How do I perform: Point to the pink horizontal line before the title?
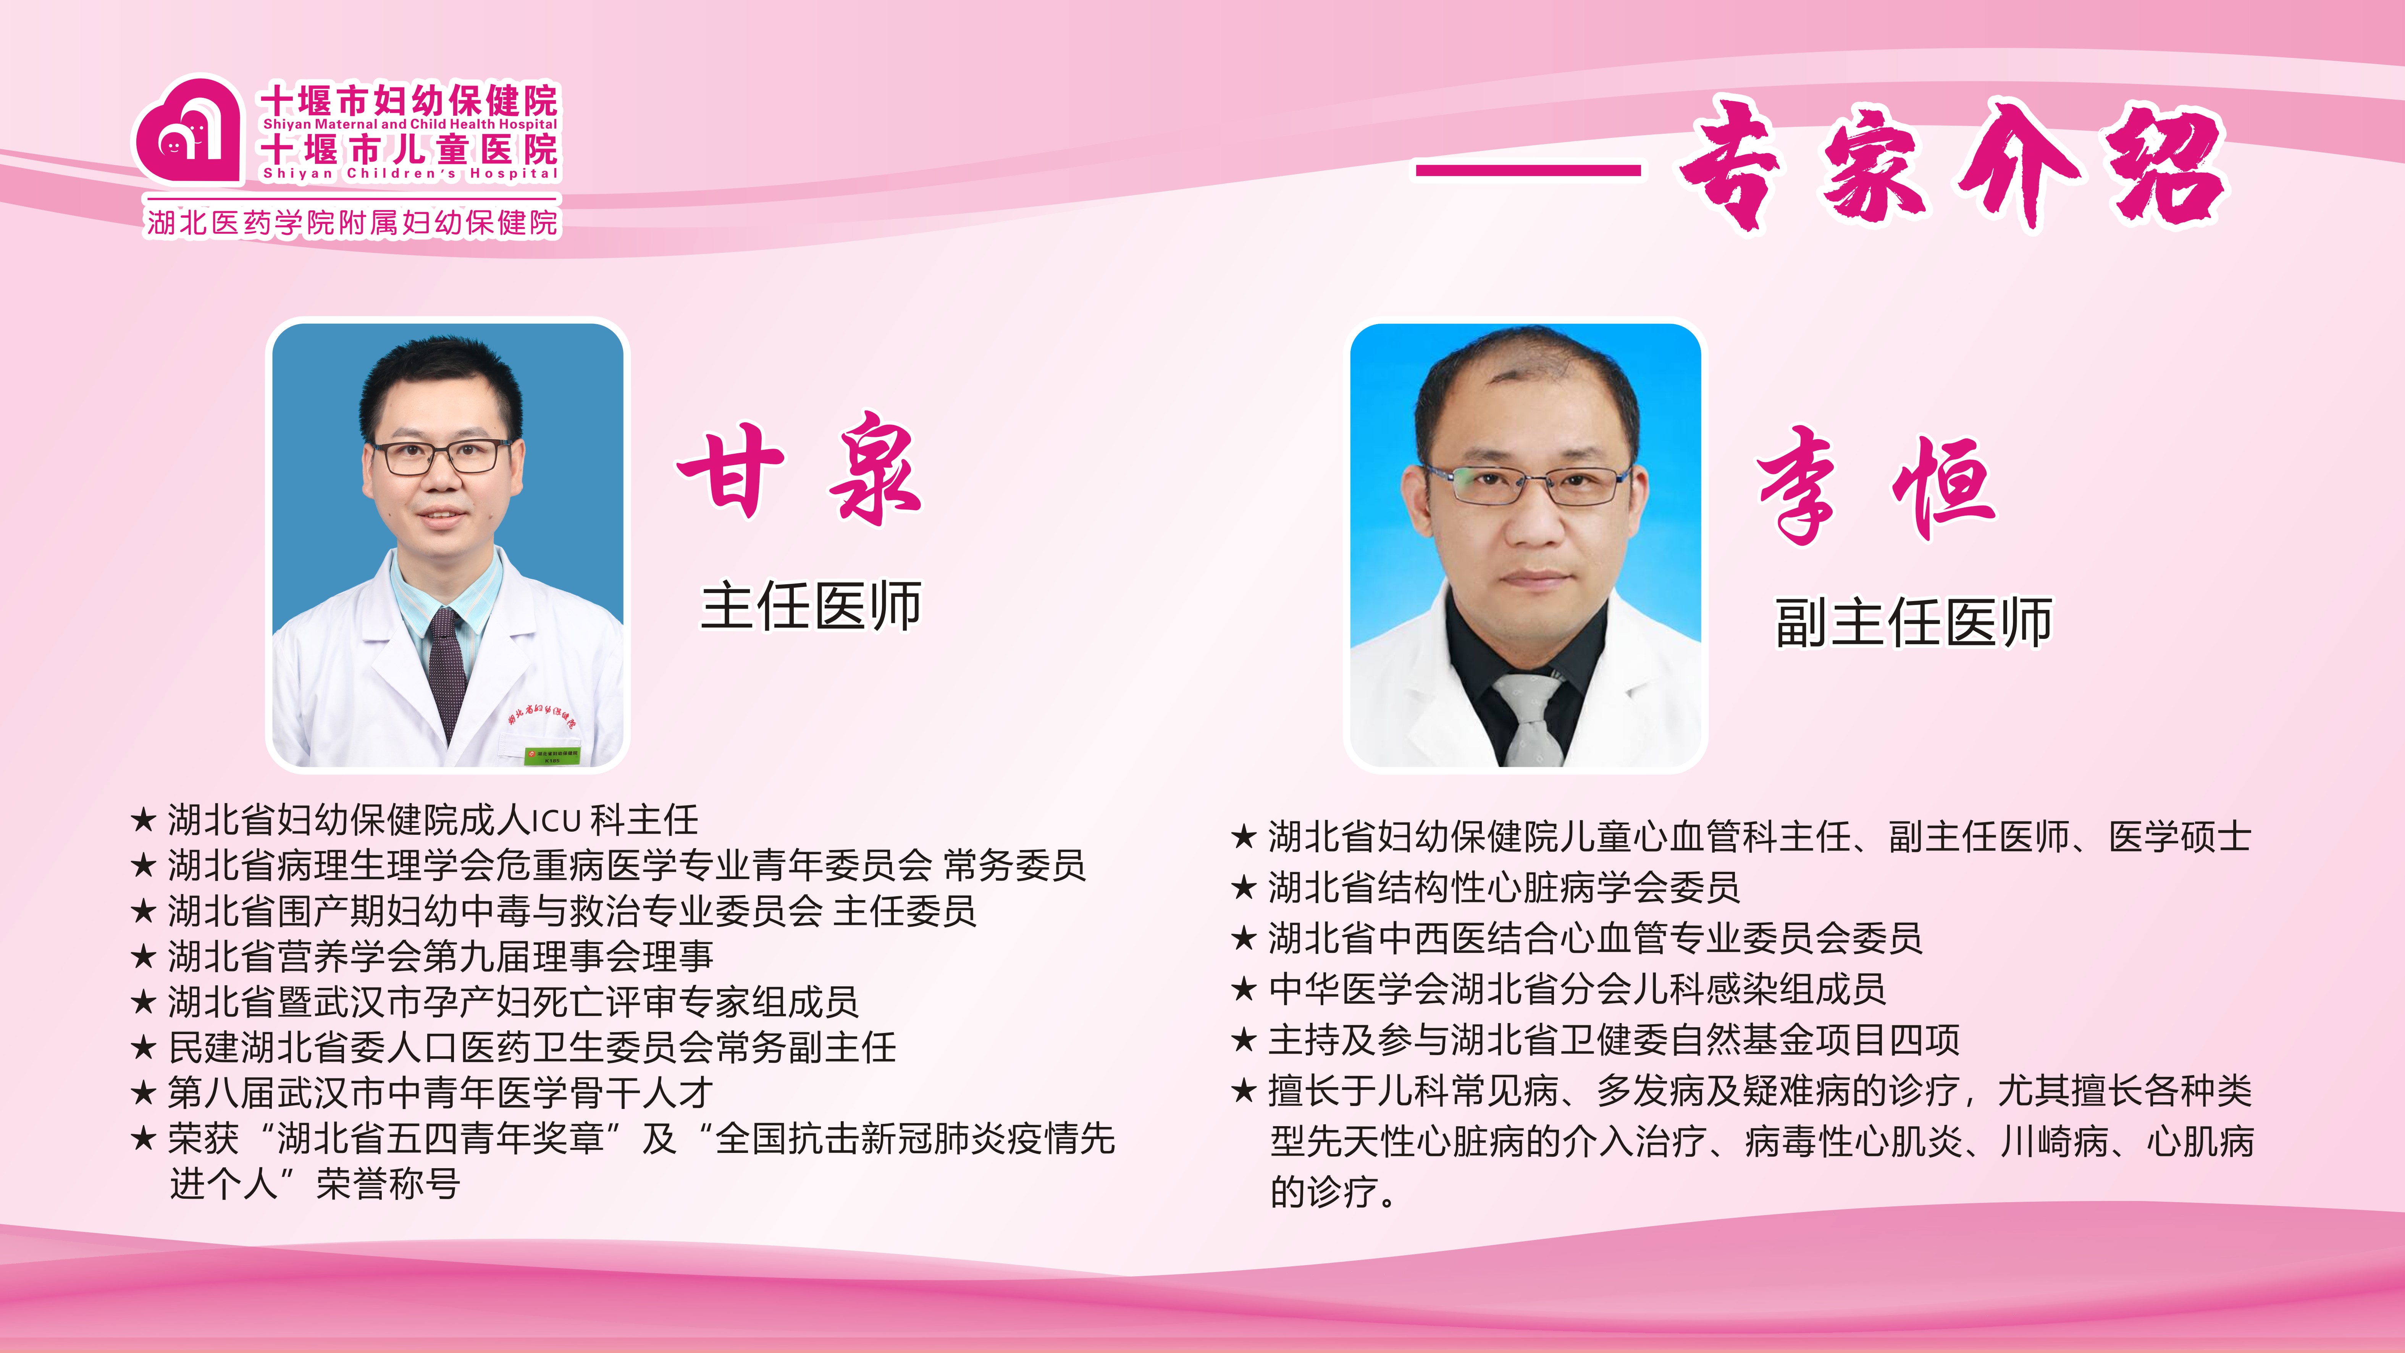1528,170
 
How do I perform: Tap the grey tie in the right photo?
1528,719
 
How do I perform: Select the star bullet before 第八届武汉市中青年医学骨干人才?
143,1093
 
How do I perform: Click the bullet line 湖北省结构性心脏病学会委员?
1503,887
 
